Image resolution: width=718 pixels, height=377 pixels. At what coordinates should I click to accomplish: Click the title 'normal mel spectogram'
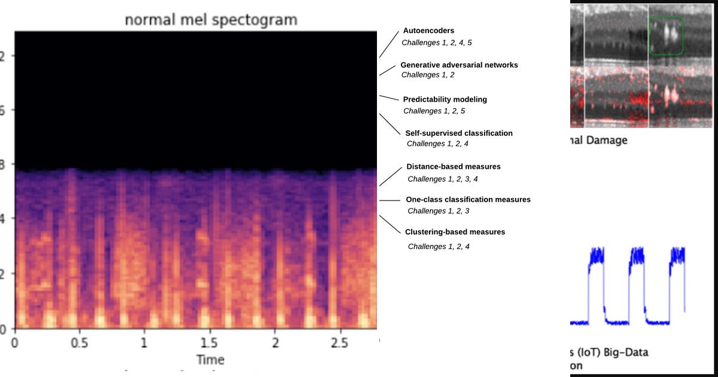(211, 20)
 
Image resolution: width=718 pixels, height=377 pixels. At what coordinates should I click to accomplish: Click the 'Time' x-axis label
(211, 359)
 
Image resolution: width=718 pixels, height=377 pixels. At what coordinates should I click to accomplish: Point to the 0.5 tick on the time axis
(79, 343)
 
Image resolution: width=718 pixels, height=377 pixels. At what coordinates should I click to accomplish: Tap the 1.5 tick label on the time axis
(209, 343)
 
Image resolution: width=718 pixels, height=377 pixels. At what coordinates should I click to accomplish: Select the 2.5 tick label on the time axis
(340, 343)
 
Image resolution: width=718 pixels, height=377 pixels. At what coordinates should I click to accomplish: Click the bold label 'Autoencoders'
(428, 31)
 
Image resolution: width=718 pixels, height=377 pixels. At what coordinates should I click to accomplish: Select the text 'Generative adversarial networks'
(459, 65)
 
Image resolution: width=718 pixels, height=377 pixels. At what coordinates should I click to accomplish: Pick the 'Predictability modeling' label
(445, 99)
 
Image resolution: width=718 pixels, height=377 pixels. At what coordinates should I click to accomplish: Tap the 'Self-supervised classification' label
(459, 133)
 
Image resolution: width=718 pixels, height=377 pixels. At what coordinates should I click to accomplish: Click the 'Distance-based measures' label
(453, 166)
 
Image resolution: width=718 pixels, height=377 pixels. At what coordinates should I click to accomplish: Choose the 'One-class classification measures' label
(468, 199)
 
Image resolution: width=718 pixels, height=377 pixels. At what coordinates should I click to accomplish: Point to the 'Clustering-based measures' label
(455, 232)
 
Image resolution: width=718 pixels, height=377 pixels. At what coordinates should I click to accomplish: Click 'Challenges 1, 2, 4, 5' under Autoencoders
(437, 42)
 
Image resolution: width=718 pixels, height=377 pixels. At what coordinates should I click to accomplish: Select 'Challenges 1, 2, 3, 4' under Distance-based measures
(442, 179)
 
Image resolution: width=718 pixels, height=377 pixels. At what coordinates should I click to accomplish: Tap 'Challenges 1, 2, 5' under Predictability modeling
(434, 111)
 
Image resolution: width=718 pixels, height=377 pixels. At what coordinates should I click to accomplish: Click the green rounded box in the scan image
(667, 36)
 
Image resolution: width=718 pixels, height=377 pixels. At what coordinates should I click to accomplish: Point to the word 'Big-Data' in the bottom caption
(626, 352)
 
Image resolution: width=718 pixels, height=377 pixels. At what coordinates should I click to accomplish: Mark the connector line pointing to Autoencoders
(389, 44)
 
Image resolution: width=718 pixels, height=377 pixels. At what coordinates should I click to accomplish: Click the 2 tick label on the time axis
(275, 343)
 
